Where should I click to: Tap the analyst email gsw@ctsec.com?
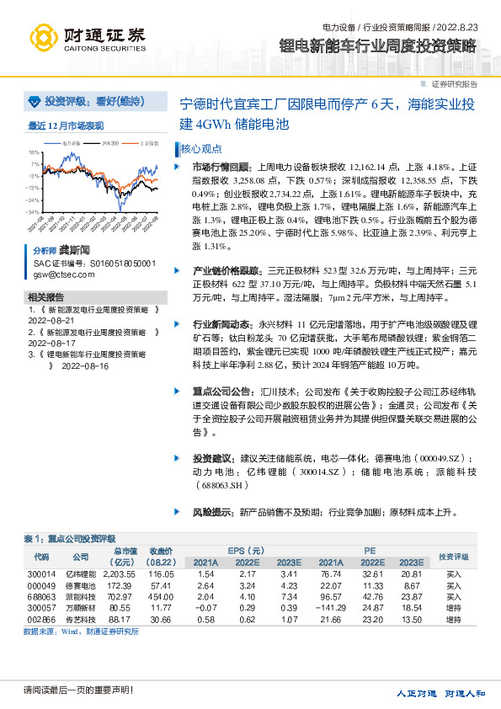(x=58, y=275)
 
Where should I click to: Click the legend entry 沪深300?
(x=109, y=143)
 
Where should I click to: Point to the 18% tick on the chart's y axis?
(x=35, y=153)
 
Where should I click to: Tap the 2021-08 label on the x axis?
(x=40, y=225)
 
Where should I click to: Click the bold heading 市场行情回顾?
(x=216, y=167)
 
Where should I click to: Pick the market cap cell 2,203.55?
(x=124, y=573)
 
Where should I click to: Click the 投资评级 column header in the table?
(x=453, y=557)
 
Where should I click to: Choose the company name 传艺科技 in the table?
(x=80, y=617)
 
